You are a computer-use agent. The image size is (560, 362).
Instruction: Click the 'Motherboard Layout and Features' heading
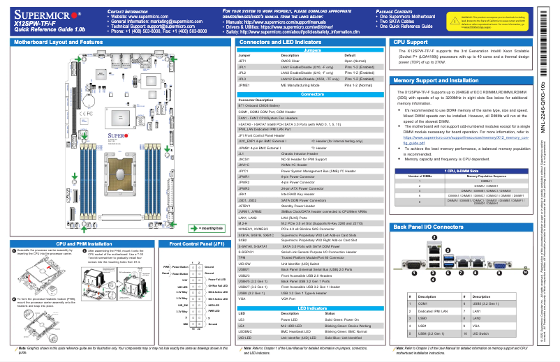pyautogui.click(x=53, y=43)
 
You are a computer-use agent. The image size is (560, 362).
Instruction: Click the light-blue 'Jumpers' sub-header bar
pyautogui.click(x=313, y=51)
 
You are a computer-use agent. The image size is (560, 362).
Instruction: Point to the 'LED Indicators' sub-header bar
pyautogui.click(x=313, y=307)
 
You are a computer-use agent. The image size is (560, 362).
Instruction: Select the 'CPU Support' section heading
pyautogui.click(x=411, y=43)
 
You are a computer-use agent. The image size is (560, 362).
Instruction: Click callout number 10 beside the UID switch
pyautogui.click(x=512, y=274)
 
